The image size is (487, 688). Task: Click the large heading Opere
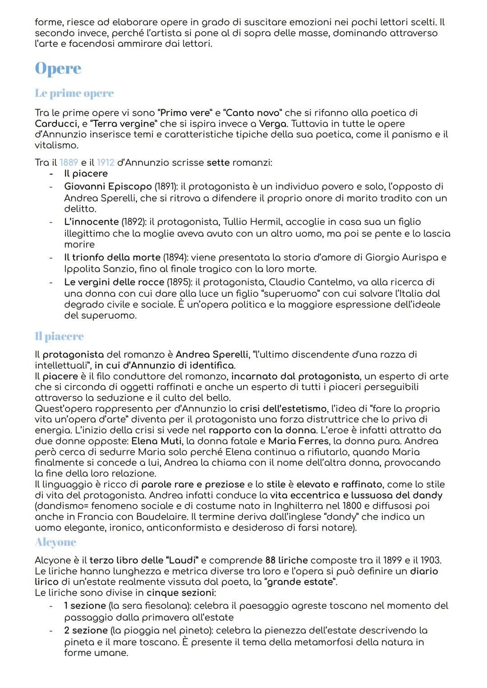tap(58, 69)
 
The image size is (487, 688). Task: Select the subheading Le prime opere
tap(74, 93)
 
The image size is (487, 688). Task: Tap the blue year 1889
tap(69, 162)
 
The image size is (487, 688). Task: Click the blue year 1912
tap(106, 162)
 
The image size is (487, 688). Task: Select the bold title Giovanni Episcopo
tap(108, 186)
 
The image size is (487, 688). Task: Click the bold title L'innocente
tap(91, 222)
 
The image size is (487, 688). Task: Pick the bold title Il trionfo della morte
tap(112, 257)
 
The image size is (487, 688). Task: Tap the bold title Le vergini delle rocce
tap(114, 282)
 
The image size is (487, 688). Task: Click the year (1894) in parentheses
tap(175, 257)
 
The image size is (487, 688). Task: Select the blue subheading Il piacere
tap(59, 336)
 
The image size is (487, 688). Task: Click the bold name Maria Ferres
tap(298, 441)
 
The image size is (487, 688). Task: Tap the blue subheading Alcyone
tap(55, 542)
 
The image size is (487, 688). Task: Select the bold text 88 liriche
tap(286, 560)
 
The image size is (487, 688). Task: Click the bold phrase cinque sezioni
tap(180, 592)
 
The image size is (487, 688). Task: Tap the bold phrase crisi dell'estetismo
tap(283, 408)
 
